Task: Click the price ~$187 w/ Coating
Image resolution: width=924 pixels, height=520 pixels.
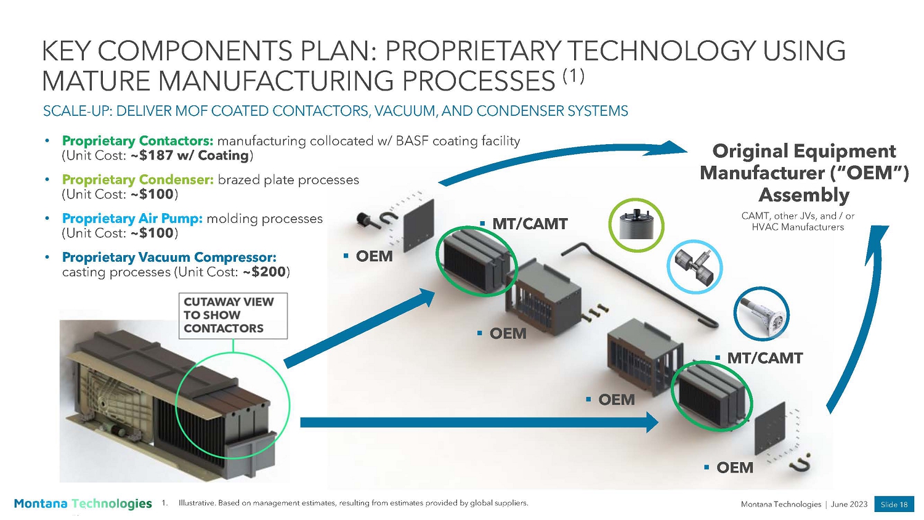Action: click(x=190, y=156)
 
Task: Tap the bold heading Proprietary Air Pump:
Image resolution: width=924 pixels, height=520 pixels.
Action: click(x=132, y=219)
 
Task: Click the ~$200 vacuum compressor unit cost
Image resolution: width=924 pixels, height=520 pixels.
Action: click(x=264, y=272)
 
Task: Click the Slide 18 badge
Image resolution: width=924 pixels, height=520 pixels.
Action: click(x=894, y=504)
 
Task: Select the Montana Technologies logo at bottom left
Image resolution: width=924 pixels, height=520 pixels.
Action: click(x=83, y=503)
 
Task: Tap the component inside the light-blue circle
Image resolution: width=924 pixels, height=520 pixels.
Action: click(x=695, y=267)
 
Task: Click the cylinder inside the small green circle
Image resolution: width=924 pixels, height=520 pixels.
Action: click(x=636, y=225)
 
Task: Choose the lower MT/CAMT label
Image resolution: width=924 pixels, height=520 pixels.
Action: click(x=764, y=359)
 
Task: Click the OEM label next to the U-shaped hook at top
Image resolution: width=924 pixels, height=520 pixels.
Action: click(x=374, y=256)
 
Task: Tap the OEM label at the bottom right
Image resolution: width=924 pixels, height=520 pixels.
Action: click(x=734, y=468)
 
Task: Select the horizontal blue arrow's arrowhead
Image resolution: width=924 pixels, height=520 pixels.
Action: click(x=652, y=422)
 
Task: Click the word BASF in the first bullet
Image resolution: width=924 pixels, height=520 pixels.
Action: click(x=412, y=141)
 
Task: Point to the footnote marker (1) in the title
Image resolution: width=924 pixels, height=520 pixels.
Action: click(x=573, y=76)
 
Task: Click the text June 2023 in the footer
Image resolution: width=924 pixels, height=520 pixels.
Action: click(x=849, y=504)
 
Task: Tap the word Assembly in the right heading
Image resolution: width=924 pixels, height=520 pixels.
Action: click(x=804, y=195)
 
